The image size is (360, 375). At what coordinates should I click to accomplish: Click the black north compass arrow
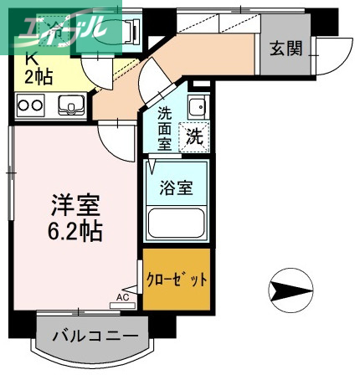pos(291,291)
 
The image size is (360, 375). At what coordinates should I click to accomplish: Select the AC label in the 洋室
pos(122,296)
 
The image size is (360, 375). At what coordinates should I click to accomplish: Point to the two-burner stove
pos(30,105)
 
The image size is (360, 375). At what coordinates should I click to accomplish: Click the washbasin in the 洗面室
pos(197,107)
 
